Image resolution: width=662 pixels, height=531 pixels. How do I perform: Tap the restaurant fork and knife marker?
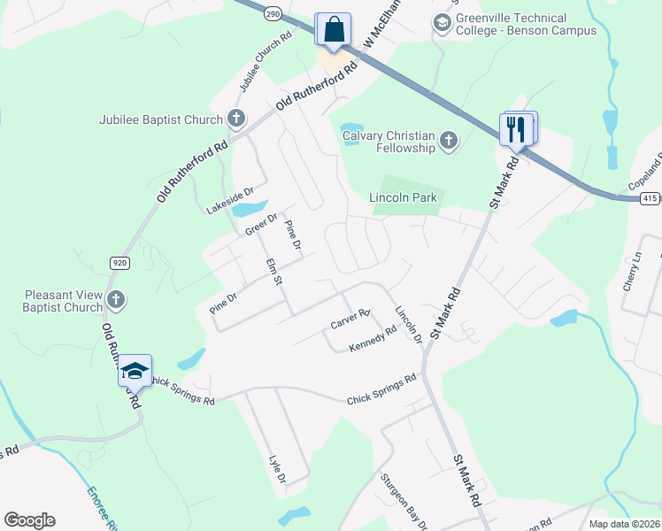[x=518, y=129]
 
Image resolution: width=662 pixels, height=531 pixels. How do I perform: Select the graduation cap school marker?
[x=135, y=370]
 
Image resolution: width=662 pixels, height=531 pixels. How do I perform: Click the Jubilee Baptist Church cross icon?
[x=235, y=119]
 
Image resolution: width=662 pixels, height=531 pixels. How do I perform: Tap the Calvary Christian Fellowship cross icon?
[x=449, y=140]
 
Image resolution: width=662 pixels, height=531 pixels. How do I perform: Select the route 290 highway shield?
[x=273, y=14]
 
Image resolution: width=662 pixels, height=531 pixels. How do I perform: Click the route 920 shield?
[x=119, y=263]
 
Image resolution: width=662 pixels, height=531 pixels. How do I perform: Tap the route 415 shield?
[x=650, y=198]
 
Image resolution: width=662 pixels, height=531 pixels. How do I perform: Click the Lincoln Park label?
[x=404, y=197]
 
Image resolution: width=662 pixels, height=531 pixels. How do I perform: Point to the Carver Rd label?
[x=350, y=319]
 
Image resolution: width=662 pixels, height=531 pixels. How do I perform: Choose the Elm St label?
[x=273, y=270]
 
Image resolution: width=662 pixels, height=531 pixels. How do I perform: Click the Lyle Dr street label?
[x=277, y=469]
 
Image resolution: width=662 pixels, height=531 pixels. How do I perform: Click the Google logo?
[x=29, y=520]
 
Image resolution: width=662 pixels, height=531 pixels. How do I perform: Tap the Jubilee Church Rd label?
[x=265, y=63]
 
